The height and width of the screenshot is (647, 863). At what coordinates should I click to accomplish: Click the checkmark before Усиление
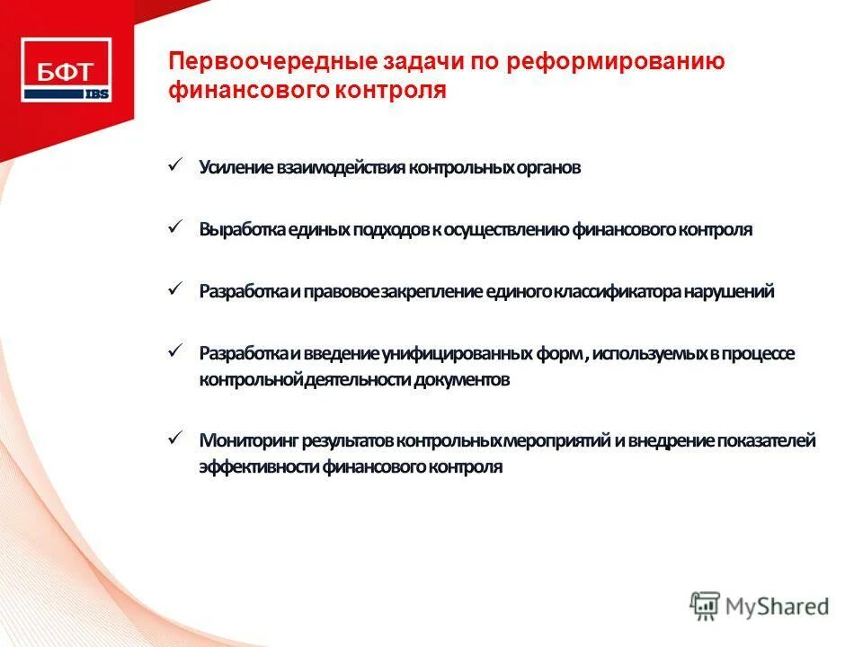point(176,164)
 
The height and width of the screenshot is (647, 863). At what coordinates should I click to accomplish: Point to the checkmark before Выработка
point(176,226)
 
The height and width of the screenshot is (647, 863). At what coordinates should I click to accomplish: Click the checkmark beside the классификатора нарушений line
point(176,288)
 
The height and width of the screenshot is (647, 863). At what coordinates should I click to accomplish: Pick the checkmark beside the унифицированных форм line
point(176,350)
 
